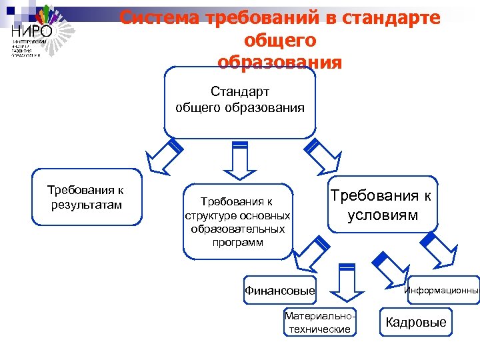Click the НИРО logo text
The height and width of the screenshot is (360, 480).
click(x=31, y=30)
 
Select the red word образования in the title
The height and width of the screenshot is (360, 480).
click(x=279, y=63)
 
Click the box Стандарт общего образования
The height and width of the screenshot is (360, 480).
click(x=239, y=99)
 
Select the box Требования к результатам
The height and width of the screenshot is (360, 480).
click(x=87, y=197)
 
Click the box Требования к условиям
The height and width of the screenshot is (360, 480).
click(x=383, y=205)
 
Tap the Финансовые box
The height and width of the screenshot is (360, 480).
click(x=279, y=291)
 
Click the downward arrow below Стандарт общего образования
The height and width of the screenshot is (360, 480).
click(x=239, y=159)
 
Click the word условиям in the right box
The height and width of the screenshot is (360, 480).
click(x=383, y=215)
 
